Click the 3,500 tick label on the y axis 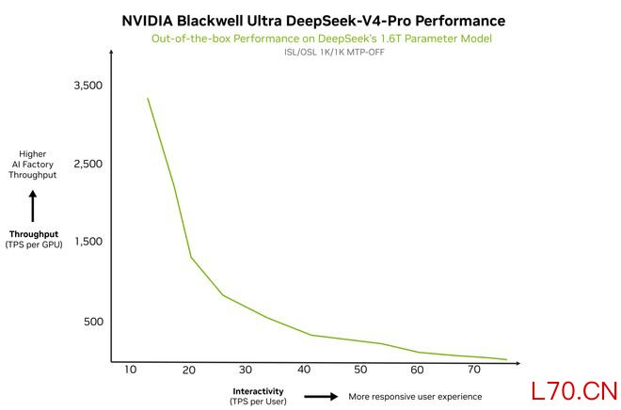[87, 86]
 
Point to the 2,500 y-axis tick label [87, 164]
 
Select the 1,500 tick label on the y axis [87, 242]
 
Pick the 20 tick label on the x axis [189, 370]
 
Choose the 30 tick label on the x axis [247, 370]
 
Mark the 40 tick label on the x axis [304, 370]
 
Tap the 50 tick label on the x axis [361, 370]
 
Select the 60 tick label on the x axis [418, 370]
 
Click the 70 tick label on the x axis [475, 370]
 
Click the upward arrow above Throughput [32, 206]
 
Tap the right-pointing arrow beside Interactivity [320, 396]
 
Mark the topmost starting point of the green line [148, 98]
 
